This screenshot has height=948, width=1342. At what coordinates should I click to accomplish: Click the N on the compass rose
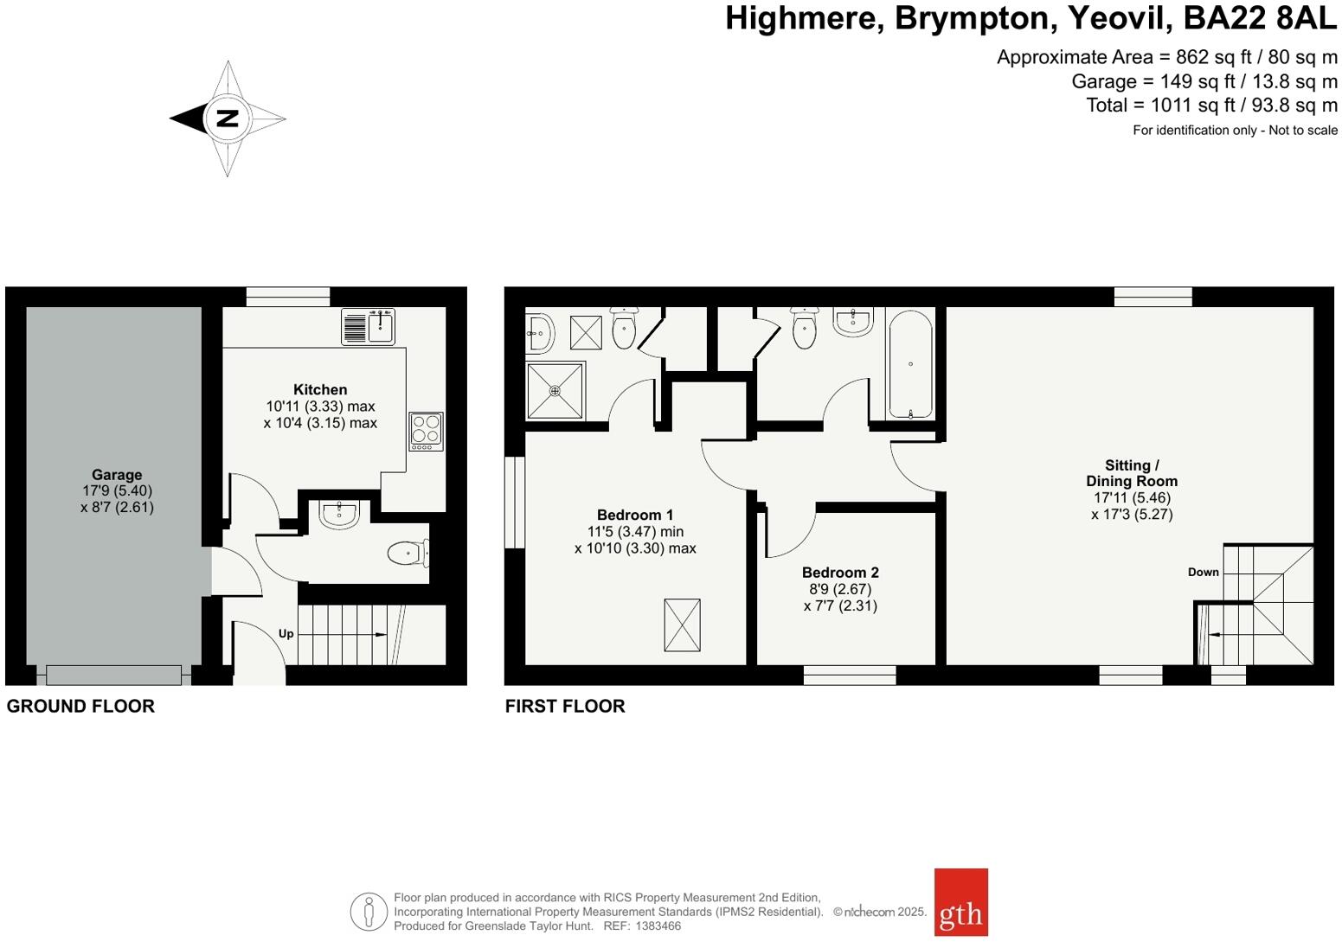227,118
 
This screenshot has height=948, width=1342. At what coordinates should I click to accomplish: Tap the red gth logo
960,902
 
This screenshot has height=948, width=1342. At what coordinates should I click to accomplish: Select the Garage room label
117,475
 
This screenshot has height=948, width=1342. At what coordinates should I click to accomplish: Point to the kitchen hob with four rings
426,431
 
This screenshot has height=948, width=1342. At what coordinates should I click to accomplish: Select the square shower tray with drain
555,391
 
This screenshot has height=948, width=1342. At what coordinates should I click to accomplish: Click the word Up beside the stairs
286,634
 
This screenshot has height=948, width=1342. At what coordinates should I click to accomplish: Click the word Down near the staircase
1203,572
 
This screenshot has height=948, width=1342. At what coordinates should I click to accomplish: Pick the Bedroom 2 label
840,573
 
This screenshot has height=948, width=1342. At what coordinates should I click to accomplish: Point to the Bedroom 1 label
635,515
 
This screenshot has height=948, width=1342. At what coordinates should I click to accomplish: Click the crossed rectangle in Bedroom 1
682,625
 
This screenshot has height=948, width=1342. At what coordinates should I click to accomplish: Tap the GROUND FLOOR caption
80,706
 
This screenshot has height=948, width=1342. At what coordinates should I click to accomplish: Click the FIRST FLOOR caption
565,706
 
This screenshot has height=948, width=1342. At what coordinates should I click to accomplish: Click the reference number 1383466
659,926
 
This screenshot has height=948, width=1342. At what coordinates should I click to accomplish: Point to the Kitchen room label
320,390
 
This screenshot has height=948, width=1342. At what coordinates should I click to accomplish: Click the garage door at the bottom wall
114,675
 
